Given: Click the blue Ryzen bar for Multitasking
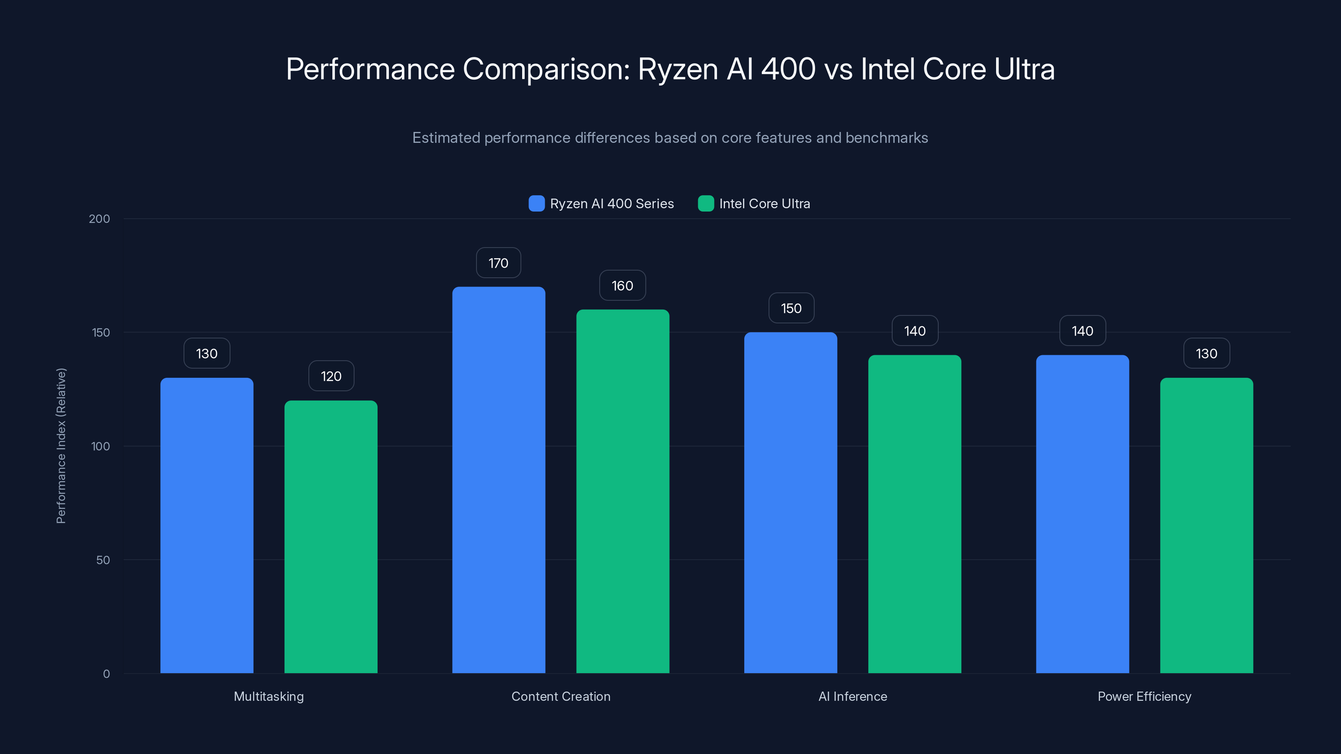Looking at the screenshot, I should tap(207, 526).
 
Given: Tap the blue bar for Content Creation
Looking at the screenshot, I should tap(498, 480).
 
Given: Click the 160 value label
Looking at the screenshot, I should tap(622, 286).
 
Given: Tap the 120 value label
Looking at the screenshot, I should tap(331, 376).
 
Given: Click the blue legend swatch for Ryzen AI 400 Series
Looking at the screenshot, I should tap(536, 204).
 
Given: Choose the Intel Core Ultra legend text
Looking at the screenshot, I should tap(764, 204).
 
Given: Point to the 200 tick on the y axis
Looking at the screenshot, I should tap(99, 219).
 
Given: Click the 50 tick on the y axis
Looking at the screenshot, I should tap(103, 560).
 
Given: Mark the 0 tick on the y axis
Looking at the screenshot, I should tap(106, 674).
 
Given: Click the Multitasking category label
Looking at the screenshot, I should tap(269, 696).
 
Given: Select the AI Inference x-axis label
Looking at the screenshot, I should tap(852, 696).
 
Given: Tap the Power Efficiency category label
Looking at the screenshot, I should tap(1144, 696).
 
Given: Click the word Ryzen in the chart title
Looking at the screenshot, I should tap(678, 69).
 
